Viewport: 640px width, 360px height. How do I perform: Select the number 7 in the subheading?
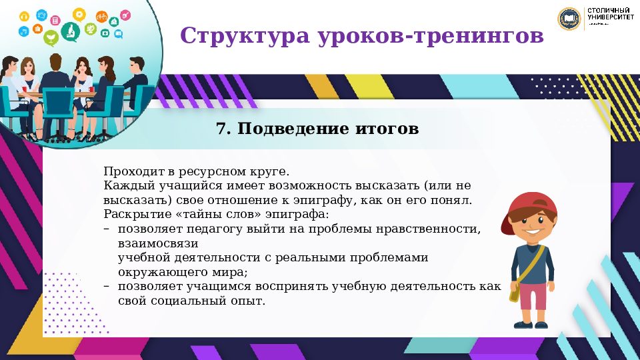click(x=221, y=129)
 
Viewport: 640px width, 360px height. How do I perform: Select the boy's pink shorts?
click(x=533, y=295)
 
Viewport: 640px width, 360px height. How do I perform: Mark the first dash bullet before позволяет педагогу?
click(x=107, y=229)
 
